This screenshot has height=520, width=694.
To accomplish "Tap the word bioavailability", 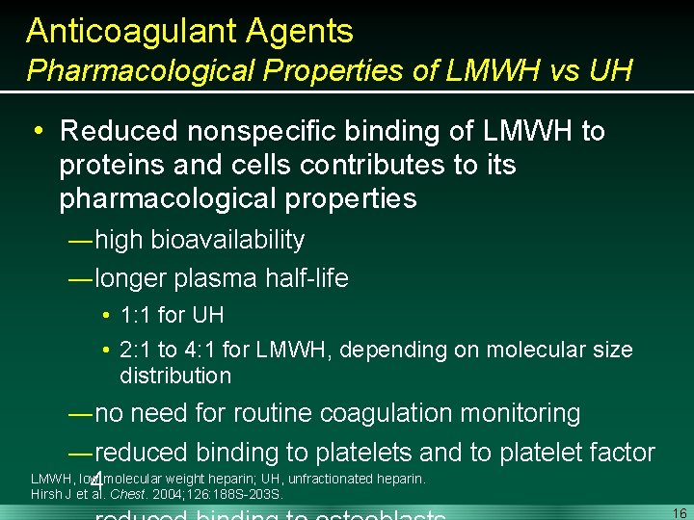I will click(227, 241).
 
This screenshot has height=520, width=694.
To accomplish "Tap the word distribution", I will click(175, 376).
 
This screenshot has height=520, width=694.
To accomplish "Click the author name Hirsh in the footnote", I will click(47, 495).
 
